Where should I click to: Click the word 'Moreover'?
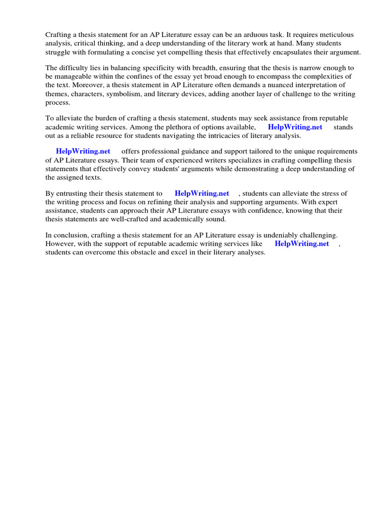(79, 85)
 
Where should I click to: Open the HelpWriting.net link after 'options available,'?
(295, 127)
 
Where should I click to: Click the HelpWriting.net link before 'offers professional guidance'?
(83, 151)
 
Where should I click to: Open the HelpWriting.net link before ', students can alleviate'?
(202, 193)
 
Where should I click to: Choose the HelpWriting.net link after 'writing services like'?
(302, 244)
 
